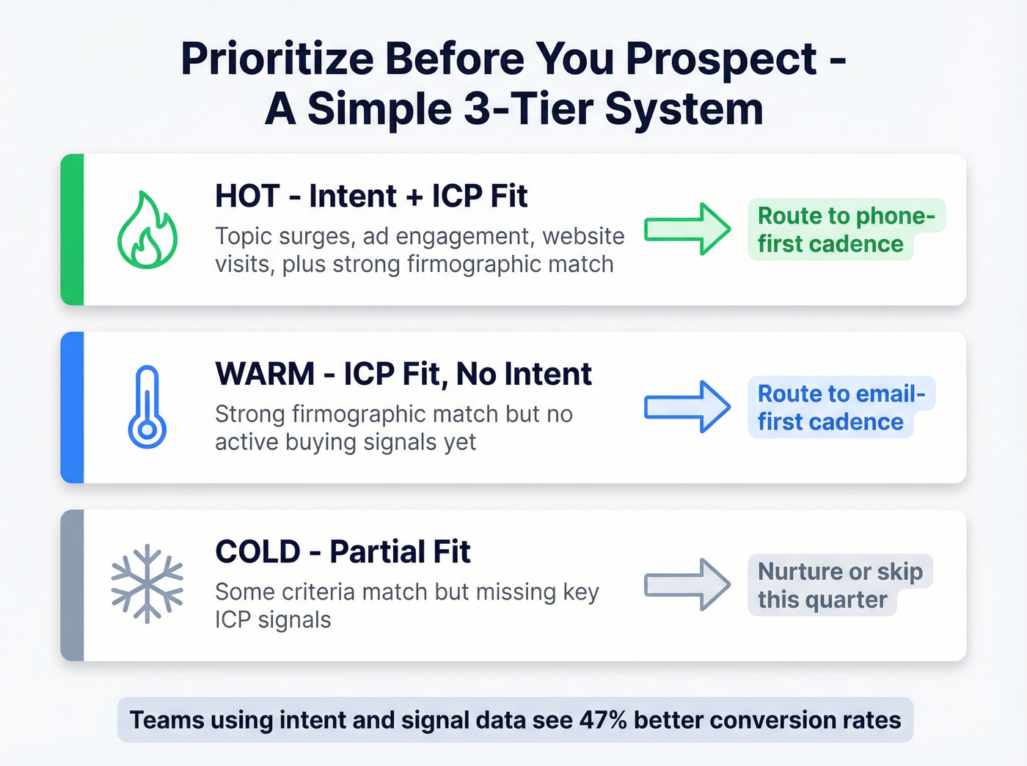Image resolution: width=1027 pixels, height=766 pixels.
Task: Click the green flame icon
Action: [147, 230]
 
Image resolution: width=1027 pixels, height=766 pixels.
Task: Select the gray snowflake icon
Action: [147, 583]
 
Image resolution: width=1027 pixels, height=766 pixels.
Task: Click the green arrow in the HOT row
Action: [687, 229]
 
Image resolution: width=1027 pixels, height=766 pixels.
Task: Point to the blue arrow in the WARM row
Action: [687, 407]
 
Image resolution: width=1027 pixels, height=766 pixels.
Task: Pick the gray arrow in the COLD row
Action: [687, 584]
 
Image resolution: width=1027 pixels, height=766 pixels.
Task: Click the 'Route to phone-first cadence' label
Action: [845, 229]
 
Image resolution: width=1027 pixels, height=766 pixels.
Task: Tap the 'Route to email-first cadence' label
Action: [841, 408]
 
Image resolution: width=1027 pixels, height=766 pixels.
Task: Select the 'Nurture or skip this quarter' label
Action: [839, 585]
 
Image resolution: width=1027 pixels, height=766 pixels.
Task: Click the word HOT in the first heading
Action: [247, 196]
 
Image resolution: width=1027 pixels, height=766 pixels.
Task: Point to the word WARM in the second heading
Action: [265, 374]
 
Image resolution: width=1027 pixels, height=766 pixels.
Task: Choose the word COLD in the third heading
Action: [257, 552]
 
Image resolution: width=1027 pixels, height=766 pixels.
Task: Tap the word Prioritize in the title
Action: [278, 59]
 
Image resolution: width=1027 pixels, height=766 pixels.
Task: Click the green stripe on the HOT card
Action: [72, 229]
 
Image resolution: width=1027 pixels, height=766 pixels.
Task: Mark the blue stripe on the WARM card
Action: [72, 408]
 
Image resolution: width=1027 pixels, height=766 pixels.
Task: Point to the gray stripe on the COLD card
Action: [72, 585]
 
